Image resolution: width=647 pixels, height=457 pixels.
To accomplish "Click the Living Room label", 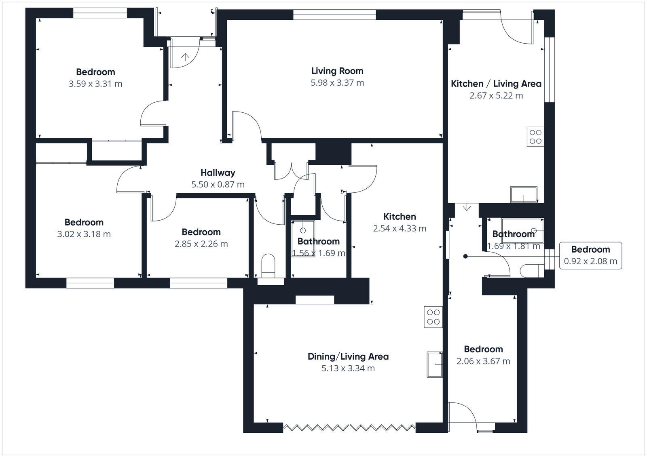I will [x=337, y=71].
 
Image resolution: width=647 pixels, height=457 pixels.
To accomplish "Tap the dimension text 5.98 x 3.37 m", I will [x=337, y=83].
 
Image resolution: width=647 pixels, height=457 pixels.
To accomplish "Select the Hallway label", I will [x=218, y=173].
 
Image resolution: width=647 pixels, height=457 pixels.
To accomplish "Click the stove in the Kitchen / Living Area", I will [x=535, y=137].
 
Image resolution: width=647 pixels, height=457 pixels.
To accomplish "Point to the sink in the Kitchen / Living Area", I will [x=524, y=194].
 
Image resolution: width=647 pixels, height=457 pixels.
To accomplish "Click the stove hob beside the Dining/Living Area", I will [x=433, y=317].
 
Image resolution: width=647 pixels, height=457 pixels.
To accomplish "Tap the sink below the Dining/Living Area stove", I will [x=435, y=364].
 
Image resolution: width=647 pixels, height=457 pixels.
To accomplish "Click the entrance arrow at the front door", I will [x=185, y=57].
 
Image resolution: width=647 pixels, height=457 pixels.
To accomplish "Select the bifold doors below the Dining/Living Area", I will [x=349, y=427].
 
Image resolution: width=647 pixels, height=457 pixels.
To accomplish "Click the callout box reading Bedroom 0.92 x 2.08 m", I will [x=590, y=255].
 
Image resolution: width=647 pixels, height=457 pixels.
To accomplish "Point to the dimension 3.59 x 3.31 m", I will [x=95, y=84].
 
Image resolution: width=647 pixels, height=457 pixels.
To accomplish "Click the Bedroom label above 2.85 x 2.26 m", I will [x=201, y=232].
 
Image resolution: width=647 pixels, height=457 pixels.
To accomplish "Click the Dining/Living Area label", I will [x=348, y=357].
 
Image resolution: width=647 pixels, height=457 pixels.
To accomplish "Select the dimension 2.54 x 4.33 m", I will [x=399, y=229].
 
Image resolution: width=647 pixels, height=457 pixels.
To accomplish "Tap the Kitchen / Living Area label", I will [x=496, y=84].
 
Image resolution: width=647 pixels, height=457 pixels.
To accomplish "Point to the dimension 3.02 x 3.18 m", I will [x=84, y=234].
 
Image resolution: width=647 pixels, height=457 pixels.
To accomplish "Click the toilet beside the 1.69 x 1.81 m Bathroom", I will [x=532, y=270].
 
